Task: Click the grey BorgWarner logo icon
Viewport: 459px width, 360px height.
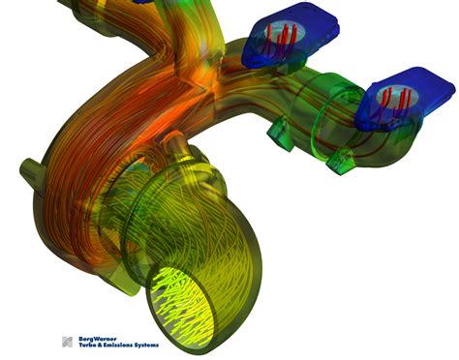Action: tap(67, 342)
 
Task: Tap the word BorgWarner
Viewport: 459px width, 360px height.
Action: tap(97, 338)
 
